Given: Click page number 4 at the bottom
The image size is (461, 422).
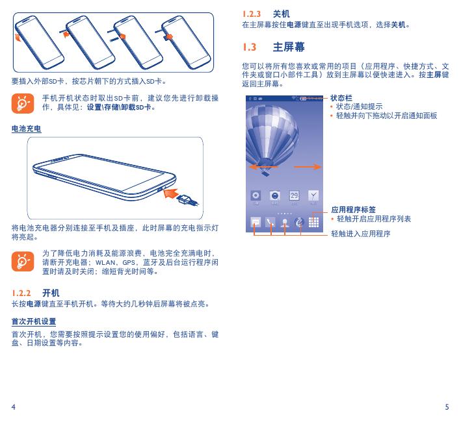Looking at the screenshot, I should (x=13, y=407).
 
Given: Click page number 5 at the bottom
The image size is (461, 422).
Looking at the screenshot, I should (x=447, y=407).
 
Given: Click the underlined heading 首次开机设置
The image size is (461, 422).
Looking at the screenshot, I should (x=34, y=321).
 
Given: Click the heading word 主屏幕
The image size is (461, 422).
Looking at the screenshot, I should (x=289, y=47).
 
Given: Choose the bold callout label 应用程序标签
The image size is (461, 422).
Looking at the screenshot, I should (x=354, y=210).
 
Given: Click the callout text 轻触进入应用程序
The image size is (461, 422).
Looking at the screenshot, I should (x=361, y=232).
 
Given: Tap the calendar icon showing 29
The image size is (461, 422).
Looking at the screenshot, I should (x=294, y=195).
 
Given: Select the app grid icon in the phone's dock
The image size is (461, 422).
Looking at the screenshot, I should (x=314, y=221).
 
